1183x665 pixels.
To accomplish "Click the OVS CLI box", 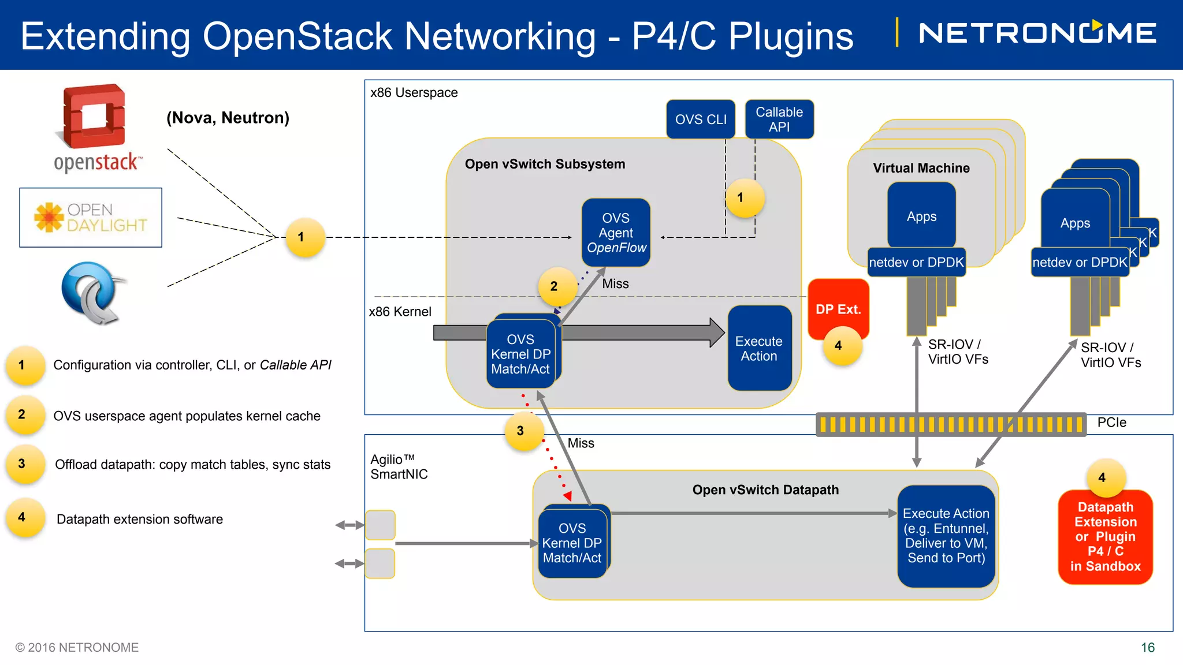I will [701, 119].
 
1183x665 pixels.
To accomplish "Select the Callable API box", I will [779, 119].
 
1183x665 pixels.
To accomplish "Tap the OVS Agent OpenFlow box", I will [616, 233].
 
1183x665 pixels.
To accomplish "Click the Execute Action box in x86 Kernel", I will [759, 348].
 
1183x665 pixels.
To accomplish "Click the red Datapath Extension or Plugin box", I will [1105, 537].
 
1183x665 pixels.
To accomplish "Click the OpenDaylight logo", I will [91, 218].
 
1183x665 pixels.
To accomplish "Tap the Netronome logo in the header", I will [1037, 33].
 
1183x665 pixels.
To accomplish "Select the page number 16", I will [1147, 648].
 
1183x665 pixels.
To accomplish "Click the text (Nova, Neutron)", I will [228, 118].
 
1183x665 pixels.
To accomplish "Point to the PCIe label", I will [1111, 423].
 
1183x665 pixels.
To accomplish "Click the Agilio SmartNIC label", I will [399, 466].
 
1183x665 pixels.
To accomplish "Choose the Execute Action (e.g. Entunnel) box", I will [946, 536].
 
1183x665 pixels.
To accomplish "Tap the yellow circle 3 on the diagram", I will [520, 431].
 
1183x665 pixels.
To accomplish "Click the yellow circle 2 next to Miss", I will [554, 286].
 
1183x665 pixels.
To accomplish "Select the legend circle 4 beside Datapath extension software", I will [22, 517].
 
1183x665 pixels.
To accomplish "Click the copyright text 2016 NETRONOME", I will [77, 648].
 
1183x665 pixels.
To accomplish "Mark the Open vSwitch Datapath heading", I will [765, 490].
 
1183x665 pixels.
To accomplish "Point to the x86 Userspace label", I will [414, 92].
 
